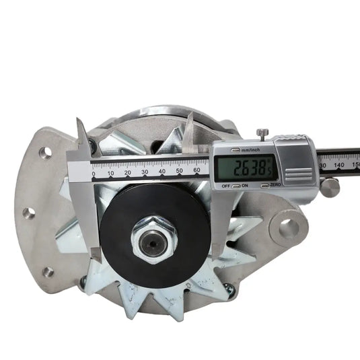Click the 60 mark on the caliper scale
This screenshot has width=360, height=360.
tap(197, 172)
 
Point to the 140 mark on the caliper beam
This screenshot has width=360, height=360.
tap(338, 165)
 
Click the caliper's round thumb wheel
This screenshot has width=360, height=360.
tap(330, 186)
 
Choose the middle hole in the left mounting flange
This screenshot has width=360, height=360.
tap(28, 213)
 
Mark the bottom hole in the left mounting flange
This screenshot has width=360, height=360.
tap(48, 272)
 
